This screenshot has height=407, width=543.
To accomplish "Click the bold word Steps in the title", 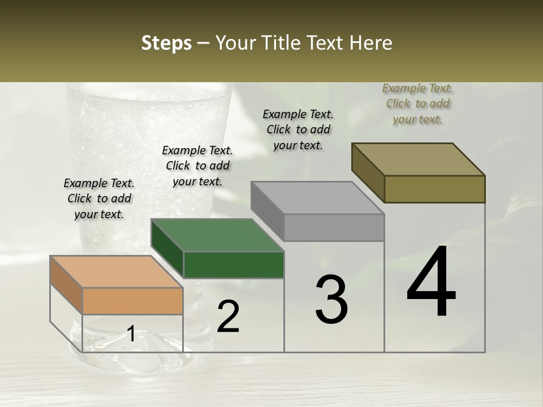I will coord(166,44).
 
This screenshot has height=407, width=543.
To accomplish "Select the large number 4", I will coord(432,283).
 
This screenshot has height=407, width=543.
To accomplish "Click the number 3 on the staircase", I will coord(331,300).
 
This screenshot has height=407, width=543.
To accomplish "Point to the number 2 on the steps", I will coord(229,317).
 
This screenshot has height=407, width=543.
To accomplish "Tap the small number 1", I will coord(131,334).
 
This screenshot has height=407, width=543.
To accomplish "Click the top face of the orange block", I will coord(117,272).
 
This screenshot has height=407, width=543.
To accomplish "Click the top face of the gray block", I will coord(317,198).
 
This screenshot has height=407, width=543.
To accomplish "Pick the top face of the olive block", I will coord(418,159).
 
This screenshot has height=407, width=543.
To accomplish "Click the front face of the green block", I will coord(234,265).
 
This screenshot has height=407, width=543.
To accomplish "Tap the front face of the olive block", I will coord(434,189).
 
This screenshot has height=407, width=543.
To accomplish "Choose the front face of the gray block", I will coord(334,227).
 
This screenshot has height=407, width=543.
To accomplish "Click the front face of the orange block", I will coord(133,301).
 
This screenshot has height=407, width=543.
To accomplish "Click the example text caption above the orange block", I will coord(99,198).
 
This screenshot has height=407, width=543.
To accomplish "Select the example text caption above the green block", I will coord(197,166).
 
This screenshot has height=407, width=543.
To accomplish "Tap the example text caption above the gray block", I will coord(298,129).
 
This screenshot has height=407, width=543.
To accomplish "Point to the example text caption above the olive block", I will coord(417,103).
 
